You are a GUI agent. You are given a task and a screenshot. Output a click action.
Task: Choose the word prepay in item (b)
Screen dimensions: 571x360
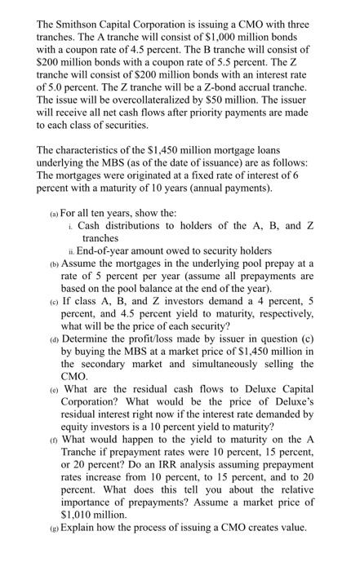(284, 263)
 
